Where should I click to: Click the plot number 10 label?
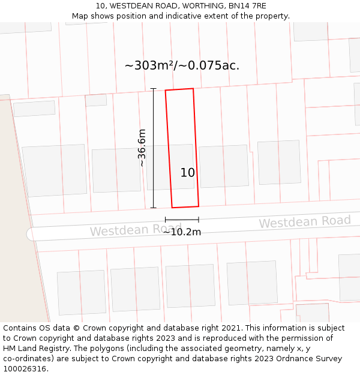tap(188, 173)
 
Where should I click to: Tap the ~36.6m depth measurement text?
tap(142, 148)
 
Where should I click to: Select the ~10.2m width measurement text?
tap(182, 232)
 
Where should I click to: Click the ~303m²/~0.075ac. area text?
tap(182, 65)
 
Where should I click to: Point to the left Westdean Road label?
tap(136, 230)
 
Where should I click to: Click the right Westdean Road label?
tap(305, 222)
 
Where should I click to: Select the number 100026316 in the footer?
tap(25, 368)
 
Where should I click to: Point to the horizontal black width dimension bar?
tap(182, 220)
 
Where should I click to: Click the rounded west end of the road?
tap(30, 234)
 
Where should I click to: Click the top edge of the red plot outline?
tap(179, 89)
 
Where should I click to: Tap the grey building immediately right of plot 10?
tap(223, 166)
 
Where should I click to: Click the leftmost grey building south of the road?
tap(82, 292)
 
